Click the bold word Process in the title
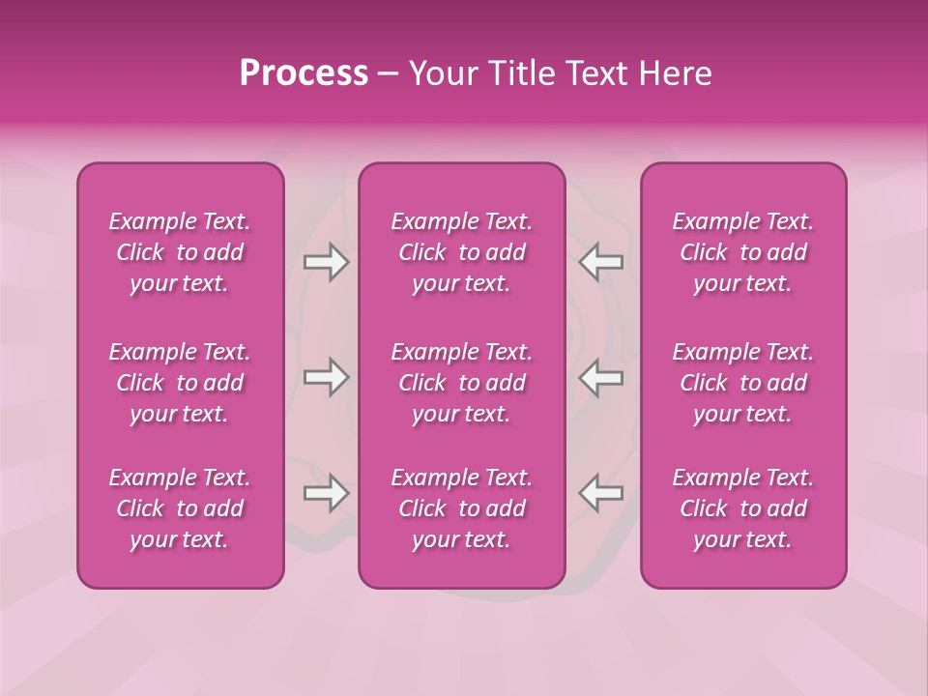(304, 73)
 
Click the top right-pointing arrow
(327, 262)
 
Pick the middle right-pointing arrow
(327, 377)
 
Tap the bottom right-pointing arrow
(327, 493)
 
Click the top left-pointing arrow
(600, 262)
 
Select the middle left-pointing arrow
(600, 377)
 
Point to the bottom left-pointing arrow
(600, 493)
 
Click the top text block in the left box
(180, 252)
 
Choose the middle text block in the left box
(180, 383)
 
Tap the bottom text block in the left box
(180, 508)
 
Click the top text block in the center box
(462, 252)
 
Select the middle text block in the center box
(462, 383)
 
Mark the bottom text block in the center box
(462, 508)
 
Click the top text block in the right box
(743, 252)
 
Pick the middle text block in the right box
(743, 383)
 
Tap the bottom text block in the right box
(743, 508)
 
